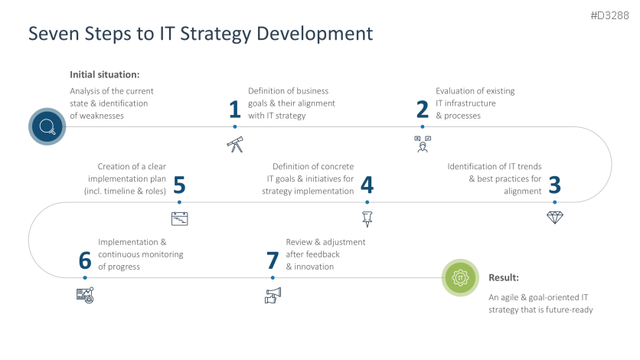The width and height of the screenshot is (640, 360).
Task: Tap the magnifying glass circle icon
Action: [x=47, y=126]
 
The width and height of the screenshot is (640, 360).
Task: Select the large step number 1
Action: [x=235, y=110]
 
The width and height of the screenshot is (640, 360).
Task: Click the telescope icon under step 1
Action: [x=235, y=144]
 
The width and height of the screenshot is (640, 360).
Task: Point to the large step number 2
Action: [x=422, y=110]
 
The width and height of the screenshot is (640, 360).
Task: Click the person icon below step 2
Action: [x=422, y=143]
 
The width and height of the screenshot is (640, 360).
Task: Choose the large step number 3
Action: [x=555, y=185]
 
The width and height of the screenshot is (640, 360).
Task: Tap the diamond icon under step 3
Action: [x=555, y=218]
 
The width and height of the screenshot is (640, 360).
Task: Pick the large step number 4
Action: [x=367, y=185]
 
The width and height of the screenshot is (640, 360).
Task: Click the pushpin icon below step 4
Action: [x=367, y=218]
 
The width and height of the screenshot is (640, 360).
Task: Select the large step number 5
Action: [x=179, y=185]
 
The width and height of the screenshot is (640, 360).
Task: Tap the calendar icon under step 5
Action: [x=179, y=218]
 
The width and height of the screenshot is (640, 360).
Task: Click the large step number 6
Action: [x=84, y=260]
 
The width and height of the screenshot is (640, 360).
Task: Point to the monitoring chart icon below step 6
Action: [x=84, y=294]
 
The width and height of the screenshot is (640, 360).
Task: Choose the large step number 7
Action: [x=272, y=260]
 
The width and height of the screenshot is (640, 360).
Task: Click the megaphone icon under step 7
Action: [x=273, y=294]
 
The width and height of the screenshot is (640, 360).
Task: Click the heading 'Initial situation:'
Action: [x=104, y=75]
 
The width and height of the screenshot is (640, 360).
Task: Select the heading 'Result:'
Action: [x=504, y=277]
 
